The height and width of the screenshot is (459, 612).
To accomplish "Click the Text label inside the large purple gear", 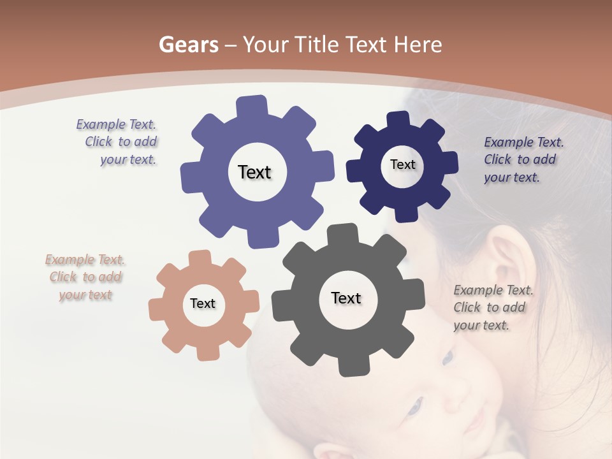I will (x=254, y=172).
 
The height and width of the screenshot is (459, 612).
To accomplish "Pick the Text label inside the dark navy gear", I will (x=402, y=164).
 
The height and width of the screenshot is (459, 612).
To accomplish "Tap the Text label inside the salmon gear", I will (x=203, y=303).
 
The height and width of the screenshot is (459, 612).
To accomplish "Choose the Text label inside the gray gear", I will (x=346, y=298).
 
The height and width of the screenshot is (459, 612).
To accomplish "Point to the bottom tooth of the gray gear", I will (x=350, y=366).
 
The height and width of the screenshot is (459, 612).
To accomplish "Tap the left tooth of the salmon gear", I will (x=157, y=309).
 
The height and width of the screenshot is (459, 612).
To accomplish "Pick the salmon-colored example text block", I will (x=85, y=277).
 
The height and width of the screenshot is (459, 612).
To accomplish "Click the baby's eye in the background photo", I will (x=416, y=405).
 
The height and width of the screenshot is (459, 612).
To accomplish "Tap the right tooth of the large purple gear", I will (x=323, y=169).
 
